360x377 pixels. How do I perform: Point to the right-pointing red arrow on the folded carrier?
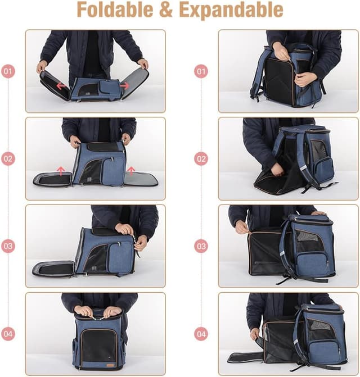click(x=124, y=85)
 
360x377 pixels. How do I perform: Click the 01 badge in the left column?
click(x=8, y=71)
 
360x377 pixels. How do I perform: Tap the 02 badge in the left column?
click(x=8, y=159)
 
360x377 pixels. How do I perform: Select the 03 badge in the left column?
click(x=8, y=246)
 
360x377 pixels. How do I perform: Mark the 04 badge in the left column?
click(x=8, y=334)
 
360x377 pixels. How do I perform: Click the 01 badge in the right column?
click(x=201, y=71)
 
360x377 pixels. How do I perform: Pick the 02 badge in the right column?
click(x=201, y=159)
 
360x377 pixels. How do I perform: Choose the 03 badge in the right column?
click(x=201, y=246)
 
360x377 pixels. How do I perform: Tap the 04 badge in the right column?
click(x=201, y=334)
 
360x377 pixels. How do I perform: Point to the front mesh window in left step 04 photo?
click(x=98, y=344)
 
